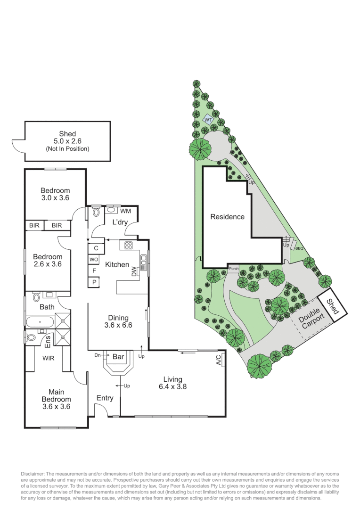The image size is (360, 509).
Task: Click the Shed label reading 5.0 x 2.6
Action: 67,141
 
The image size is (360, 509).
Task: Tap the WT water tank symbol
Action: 208,120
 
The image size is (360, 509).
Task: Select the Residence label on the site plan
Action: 227,217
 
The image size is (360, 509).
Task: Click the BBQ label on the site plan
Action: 299,248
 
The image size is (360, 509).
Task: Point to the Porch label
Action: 234,269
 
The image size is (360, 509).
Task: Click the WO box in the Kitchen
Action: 94,259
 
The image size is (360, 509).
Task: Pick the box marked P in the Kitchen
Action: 94,282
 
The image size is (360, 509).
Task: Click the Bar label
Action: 118,357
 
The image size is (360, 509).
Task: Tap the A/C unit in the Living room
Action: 219,361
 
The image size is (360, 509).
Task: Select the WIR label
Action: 48,358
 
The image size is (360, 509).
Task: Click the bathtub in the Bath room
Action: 40,323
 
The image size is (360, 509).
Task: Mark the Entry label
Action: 105,398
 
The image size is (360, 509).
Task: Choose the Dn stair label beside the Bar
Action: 98,355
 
